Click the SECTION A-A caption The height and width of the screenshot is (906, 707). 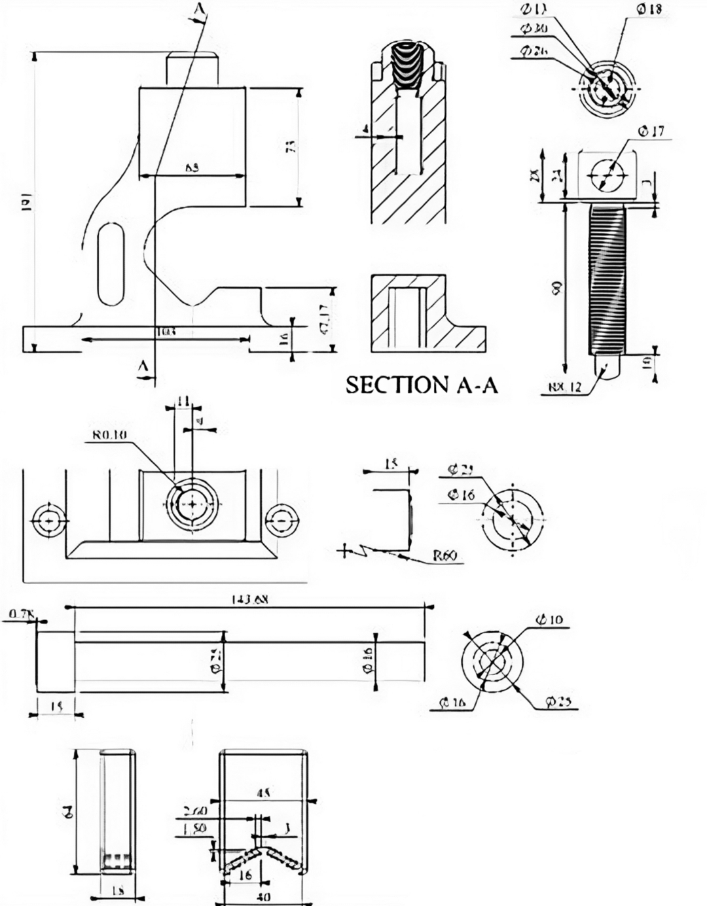[x=422, y=385]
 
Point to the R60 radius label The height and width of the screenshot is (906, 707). [x=444, y=556]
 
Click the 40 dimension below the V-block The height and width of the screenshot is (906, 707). [x=264, y=897]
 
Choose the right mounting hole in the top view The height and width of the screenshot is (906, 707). [x=281, y=521]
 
